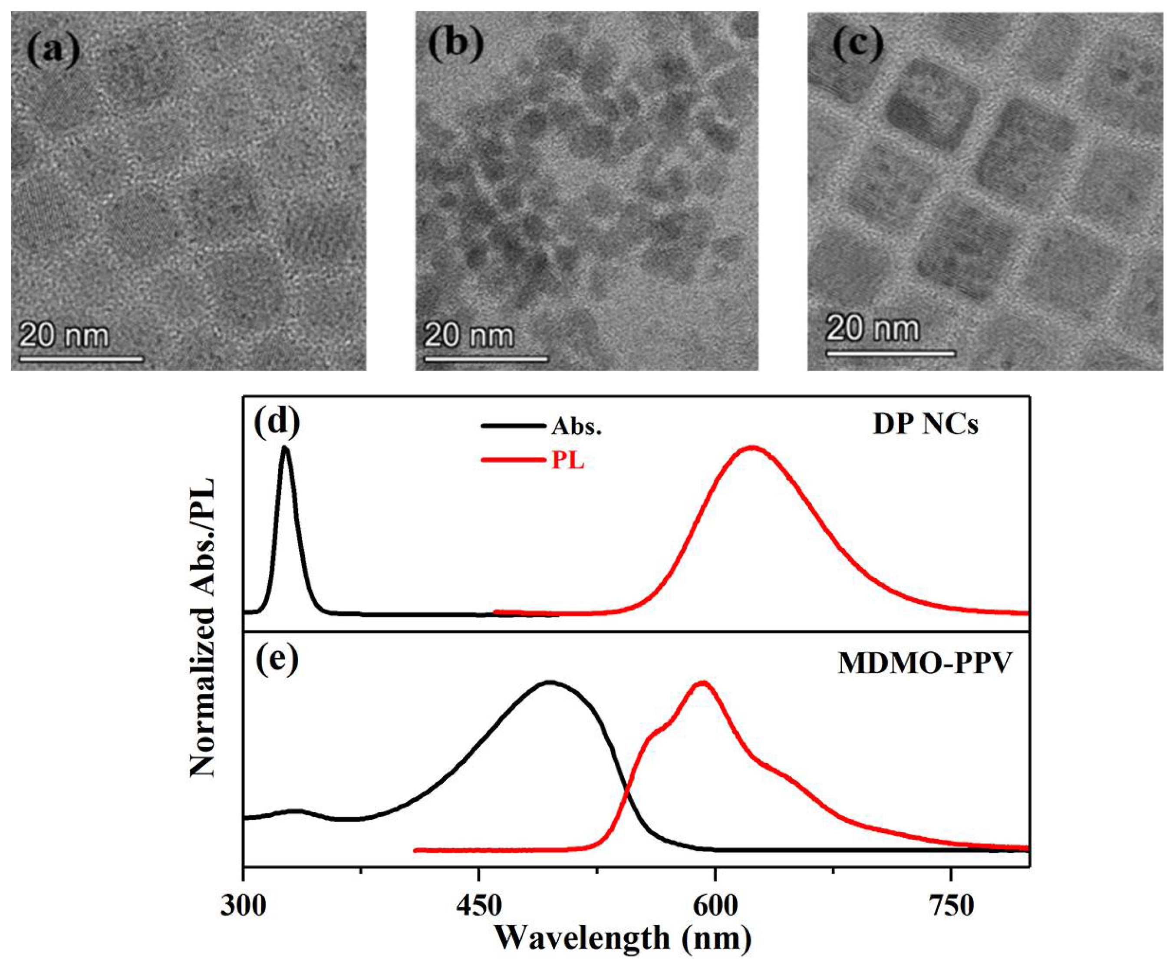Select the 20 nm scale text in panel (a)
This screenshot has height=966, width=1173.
[64, 336]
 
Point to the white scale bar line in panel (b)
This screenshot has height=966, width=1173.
[486, 359]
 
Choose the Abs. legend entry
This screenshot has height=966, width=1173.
[577, 427]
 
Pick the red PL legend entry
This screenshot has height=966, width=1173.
[567, 461]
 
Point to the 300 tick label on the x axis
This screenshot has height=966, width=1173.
[243, 907]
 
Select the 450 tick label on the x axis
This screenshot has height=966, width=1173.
[479, 907]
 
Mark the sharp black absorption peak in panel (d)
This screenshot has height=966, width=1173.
[286, 448]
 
